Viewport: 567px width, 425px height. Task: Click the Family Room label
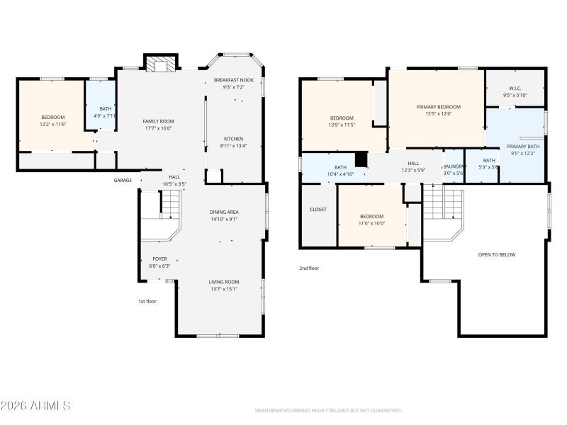click(x=158, y=121)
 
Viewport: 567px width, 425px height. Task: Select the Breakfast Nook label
click(x=234, y=80)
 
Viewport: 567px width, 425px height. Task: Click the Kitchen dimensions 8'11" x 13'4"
click(x=234, y=146)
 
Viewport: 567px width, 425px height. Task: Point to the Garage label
click(x=123, y=180)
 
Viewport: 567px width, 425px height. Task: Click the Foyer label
click(x=160, y=259)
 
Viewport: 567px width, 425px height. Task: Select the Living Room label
click(x=223, y=282)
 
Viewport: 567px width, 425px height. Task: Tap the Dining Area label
click(x=224, y=212)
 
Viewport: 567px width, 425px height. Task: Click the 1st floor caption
click(x=147, y=301)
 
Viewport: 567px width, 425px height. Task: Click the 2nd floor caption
click(x=309, y=268)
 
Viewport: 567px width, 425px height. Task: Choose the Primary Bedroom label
click(x=438, y=106)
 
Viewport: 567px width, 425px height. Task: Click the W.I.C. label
click(x=515, y=89)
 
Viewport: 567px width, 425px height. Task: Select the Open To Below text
click(x=497, y=254)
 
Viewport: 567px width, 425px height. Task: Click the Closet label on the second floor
click(x=318, y=210)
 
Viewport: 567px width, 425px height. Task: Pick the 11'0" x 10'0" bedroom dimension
click(x=371, y=224)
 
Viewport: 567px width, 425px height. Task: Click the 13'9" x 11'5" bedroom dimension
click(x=342, y=125)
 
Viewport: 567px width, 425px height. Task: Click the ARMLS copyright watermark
click(x=35, y=406)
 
